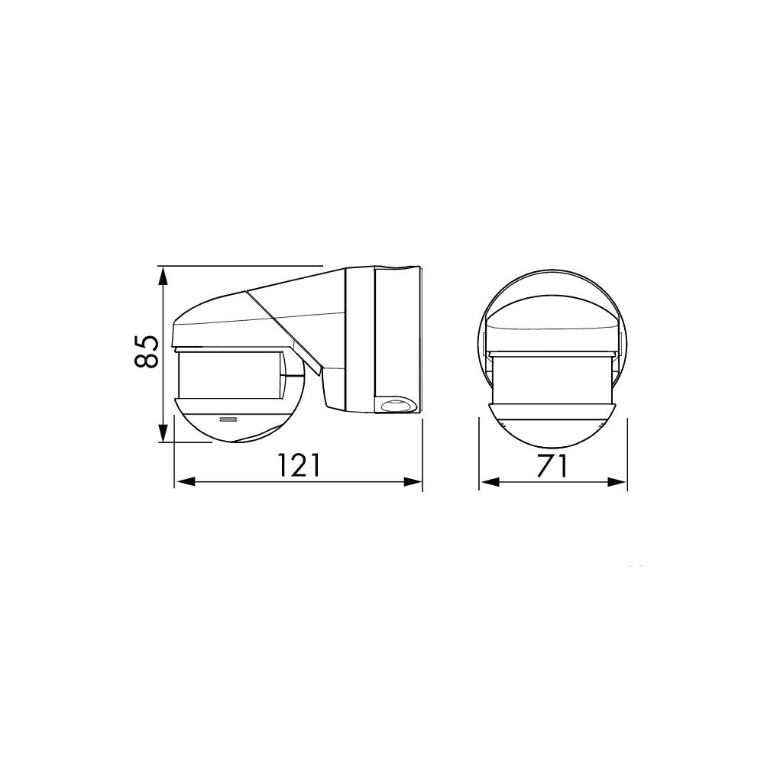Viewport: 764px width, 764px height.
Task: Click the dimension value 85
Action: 147,351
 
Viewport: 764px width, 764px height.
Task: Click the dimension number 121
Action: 297,465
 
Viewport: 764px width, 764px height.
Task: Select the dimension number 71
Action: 552,465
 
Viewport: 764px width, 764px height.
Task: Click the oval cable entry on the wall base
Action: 396,406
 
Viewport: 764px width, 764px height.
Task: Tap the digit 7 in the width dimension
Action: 543,465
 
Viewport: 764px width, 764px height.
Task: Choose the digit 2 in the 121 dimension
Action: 297,465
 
